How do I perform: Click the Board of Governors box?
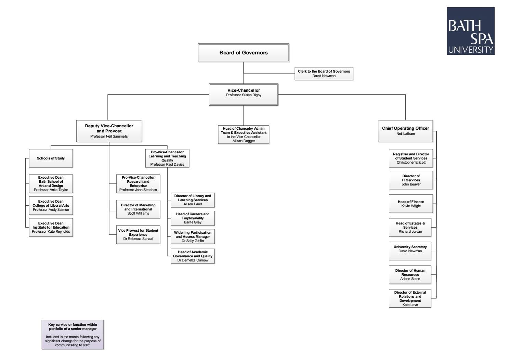click(x=244, y=53)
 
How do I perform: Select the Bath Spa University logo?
click(x=471, y=31)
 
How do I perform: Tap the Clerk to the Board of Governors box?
click(x=324, y=74)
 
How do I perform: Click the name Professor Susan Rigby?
click(x=244, y=95)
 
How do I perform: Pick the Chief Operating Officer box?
click(x=405, y=131)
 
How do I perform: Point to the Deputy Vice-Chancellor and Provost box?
click(x=109, y=131)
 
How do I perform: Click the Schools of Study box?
click(x=51, y=158)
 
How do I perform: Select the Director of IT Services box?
click(x=411, y=180)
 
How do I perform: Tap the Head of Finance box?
click(x=411, y=204)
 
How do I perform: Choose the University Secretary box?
click(x=410, y=250)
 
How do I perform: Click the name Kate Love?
click(x=410, y=305)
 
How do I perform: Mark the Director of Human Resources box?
click(x=410, y=274)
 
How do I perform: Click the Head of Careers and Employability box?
click(x=193, y=218)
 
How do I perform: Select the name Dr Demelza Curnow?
click(x=193, y=260)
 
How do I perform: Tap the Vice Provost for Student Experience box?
click(x=138, y=234)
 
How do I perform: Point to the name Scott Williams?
click(x=138, y=214)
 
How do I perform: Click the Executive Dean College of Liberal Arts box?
click(x=51, y=205)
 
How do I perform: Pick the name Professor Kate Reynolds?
click(x=51, y=232)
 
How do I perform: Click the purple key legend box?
click(x=73, y=335)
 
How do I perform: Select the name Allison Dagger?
click(x=244, y=141)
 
